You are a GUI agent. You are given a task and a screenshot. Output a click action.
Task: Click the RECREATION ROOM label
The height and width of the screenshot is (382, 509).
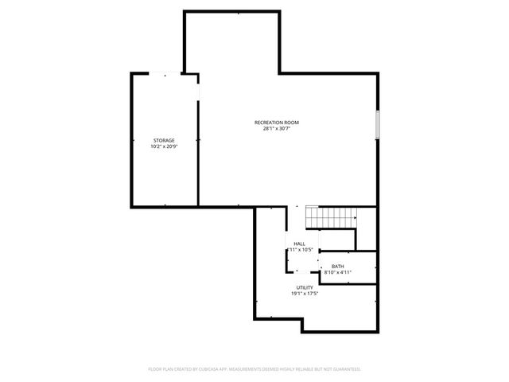pos(277,123)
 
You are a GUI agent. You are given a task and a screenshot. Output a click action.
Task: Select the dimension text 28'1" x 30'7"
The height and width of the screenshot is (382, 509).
pos(277,129)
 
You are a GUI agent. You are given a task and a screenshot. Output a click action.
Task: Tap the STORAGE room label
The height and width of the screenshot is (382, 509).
pos(164,141)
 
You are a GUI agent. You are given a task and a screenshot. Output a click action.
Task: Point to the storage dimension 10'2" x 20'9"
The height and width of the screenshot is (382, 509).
pos(164,147)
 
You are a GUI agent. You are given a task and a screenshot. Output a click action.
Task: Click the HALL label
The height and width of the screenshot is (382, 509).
pos(299,244)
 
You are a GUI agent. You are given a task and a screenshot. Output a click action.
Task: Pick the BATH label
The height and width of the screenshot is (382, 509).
pos(338,267)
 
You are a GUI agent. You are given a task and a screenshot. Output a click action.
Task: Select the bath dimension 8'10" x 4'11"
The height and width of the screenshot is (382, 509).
pos(338,272)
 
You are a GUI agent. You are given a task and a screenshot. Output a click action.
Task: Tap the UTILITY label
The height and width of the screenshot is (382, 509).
pos(305,288)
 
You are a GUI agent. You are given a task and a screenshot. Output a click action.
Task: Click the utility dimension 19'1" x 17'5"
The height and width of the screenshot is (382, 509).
pos(305,294)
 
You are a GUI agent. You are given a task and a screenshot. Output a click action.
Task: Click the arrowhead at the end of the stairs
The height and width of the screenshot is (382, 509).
pos(354,215)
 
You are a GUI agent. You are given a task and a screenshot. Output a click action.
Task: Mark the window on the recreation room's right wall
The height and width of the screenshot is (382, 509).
pos(379,124)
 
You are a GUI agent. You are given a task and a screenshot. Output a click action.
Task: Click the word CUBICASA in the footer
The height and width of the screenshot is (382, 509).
pos(208,369)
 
